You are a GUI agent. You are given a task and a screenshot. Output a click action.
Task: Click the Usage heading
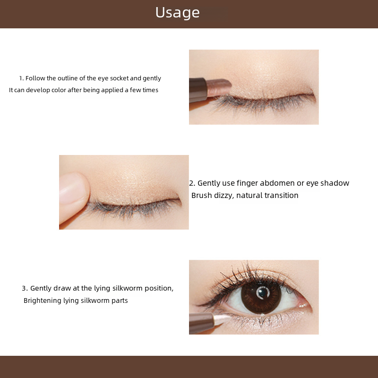tap(178, 13)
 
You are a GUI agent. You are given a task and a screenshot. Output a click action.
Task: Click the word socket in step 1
tap(119, 78)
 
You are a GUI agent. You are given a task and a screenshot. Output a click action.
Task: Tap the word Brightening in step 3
tap(43, 301)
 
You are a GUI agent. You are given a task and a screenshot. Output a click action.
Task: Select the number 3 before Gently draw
tap(25, 288)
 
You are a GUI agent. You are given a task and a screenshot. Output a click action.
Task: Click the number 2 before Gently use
tap(192, 183)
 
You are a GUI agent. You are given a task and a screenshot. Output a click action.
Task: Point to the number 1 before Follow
tap(21, 78)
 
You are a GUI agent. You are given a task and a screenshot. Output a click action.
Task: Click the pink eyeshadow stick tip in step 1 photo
tap(219, 87)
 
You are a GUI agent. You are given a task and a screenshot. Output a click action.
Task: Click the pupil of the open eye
tap(263, 292)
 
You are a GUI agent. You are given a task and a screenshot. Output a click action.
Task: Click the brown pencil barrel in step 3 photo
tap(202, 323)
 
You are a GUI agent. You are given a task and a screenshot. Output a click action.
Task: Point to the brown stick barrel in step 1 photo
tap(198, 90)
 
